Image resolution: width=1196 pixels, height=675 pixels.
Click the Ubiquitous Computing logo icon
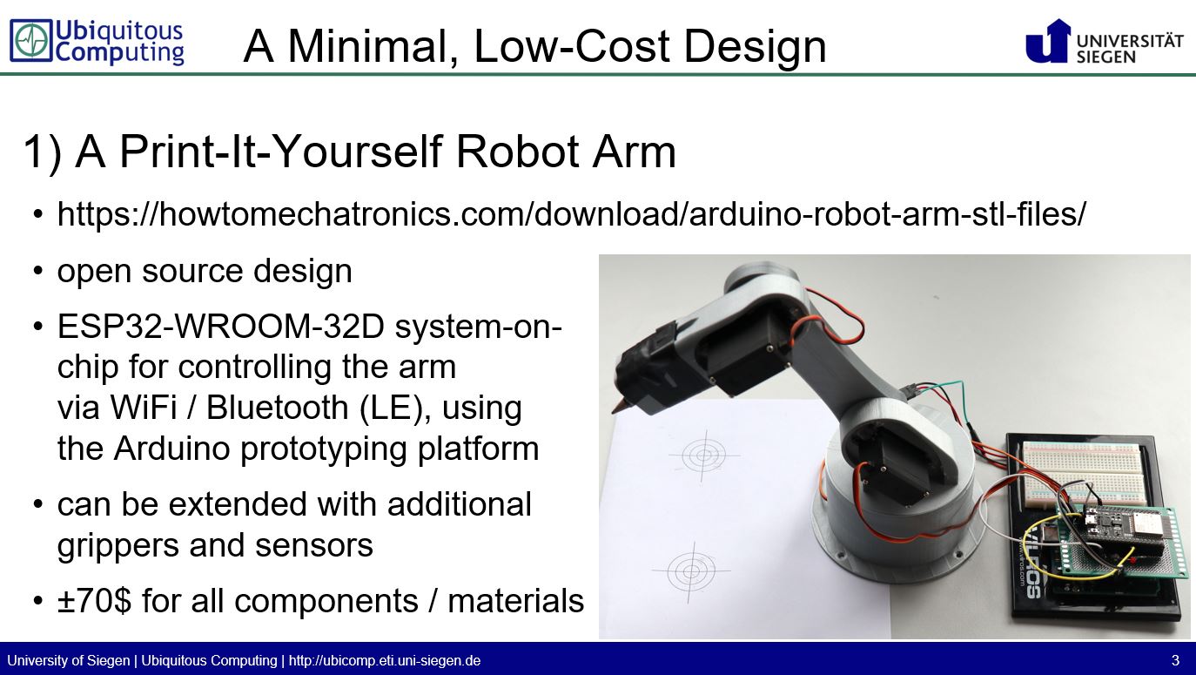point(31,42)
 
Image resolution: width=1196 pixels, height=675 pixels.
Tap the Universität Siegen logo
point(1105,42)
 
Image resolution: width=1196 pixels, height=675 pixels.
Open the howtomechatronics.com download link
point(571,214)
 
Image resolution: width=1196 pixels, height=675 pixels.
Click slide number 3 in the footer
point(1175,660)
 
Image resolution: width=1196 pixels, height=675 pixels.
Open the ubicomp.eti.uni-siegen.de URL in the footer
point(384,660)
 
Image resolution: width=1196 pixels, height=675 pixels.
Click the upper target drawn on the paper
point(702,454)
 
